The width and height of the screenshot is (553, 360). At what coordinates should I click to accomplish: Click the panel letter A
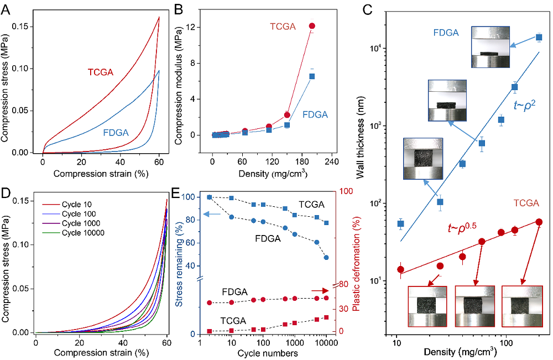[x=6, y=9]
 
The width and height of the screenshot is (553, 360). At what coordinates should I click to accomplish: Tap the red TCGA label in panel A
[x=101, y=72]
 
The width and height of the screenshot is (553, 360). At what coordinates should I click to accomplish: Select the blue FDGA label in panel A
[x=116, y=133]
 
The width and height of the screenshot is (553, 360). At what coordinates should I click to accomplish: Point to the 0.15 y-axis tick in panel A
[x=23, y=27]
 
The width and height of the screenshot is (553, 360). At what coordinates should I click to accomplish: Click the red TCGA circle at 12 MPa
[x=312, y=26]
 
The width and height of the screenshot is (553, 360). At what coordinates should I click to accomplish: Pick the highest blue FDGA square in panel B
[x=312, y=76]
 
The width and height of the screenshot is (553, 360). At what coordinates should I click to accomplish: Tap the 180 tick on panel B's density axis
[x=301, y=161]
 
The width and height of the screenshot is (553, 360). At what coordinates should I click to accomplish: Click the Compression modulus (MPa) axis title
[x=179, y=86]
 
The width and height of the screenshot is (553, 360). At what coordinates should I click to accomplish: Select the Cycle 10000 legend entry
[x=74, y=233]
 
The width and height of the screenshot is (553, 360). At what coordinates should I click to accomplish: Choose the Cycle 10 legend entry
[x=67, y=204]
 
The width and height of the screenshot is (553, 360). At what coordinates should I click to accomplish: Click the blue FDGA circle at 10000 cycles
[x=326, y=258]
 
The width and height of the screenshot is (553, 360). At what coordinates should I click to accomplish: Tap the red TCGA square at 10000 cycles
[x=326, y=317]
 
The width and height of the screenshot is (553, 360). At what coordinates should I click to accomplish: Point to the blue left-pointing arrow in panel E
[x=212, y=214]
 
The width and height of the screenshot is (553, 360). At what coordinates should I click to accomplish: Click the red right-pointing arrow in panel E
[x=320, y=290]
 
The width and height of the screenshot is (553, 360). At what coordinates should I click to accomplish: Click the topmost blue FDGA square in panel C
[x=539, y=37]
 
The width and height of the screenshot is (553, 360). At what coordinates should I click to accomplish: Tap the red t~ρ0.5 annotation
[x=462, y=227]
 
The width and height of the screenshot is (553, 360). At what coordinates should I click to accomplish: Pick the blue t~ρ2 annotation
[x=525, y=105]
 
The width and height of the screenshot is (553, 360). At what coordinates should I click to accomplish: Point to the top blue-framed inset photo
[x=490, y=47]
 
